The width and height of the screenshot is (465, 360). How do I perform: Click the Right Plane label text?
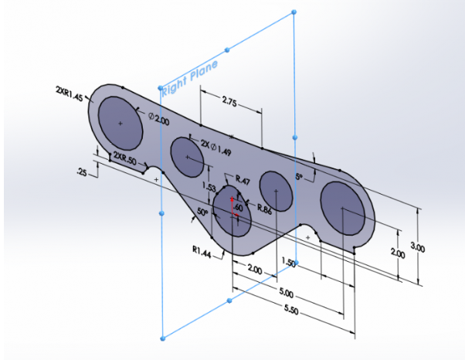tap(190, 78)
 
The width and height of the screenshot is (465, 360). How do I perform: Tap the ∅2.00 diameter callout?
tap(158, 120)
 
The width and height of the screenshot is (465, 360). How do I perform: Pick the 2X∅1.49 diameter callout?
tap(217, 144)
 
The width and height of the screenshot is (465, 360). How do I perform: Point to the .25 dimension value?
tap(83, 173)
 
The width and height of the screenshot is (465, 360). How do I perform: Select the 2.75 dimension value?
tap(229, 101)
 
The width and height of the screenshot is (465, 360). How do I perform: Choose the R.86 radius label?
tap(263, 209)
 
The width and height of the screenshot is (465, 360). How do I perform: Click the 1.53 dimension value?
tap(207, 187)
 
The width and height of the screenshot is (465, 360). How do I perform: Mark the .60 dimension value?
tap(238, 207)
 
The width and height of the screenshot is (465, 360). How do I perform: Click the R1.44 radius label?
tap(203, 250)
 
